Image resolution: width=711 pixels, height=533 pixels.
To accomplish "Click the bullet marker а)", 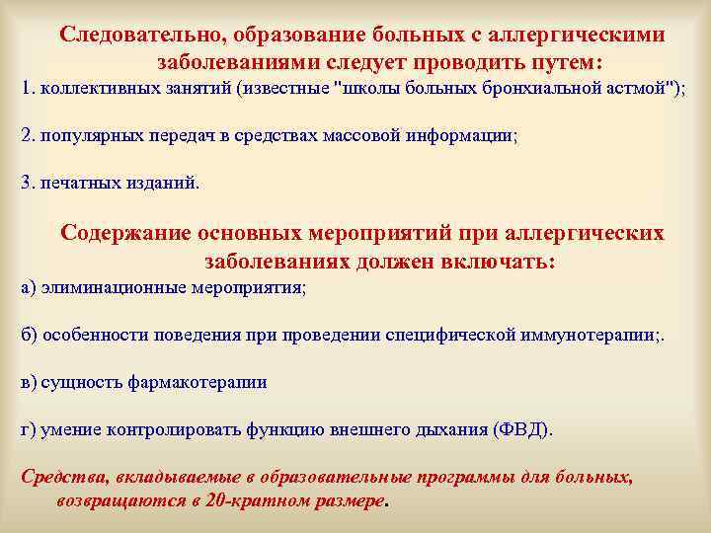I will coord(29,287).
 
